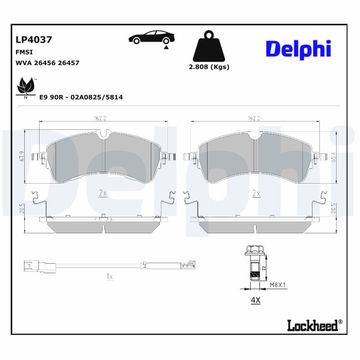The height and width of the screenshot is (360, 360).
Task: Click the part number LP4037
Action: pyautogui.click(x=34, y=40)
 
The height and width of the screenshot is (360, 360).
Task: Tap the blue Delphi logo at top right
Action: pyautogui.click(x=298, y=49)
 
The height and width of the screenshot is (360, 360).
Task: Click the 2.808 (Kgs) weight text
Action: pyautogui.click(x=209, y=67)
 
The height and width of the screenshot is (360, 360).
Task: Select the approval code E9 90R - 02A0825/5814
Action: pyautogui.click(x=81, y=97)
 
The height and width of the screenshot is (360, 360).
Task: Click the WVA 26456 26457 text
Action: pyautogui.click(x=47, y=63)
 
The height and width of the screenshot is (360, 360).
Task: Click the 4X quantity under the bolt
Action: pyautogui.click(x=255, y=300)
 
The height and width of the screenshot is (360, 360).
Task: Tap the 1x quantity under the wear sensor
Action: pyautogui.click(x=109, y=277)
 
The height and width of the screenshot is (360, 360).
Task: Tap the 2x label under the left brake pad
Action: pyautogui.click(x=103, y=193)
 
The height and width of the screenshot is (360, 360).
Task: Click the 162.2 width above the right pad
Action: pyautogui.click(x=254, y=119)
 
